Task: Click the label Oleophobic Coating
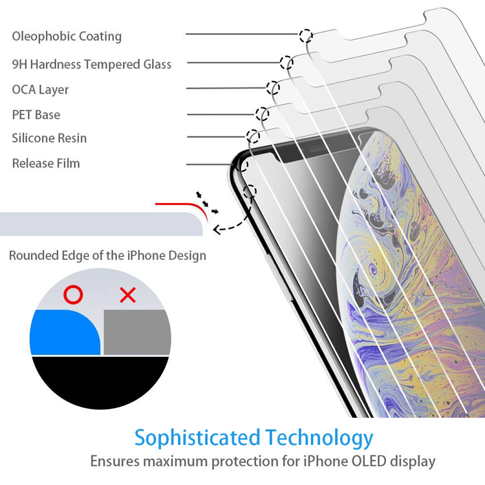[x=67, y=36]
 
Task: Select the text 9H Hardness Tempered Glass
[x=92, y=64]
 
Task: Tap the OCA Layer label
[x=40, y=89]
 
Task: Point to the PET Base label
[x=36, y=114]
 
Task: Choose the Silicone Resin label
[x=49, y=138]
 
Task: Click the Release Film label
[x=46, y=163]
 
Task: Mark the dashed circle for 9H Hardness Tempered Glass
[x=286, y=62]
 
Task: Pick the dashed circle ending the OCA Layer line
[x=273, y=88]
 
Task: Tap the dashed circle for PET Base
[x=262, y=114]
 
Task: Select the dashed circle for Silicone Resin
[x=253, y=136]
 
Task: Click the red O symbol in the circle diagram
[x=73, y=296]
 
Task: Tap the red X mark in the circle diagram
[x=128, y=296]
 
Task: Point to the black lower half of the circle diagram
[x=100, y=382]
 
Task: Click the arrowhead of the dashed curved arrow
[x=217, y=228]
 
